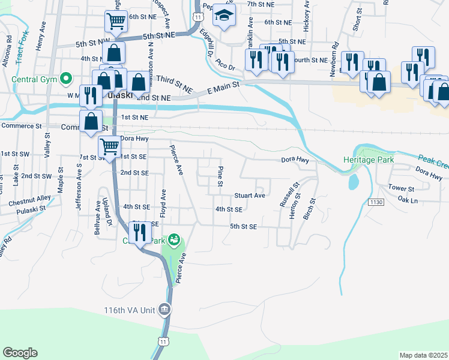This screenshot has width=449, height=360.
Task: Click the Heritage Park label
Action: pyautogui.click(x=367, y=160)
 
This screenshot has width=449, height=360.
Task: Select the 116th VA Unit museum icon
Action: pyautogui.click(x=165, y=310)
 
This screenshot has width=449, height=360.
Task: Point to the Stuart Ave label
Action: pyautogui.click(x=250, y=196)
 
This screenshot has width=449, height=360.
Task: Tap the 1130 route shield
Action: pyautogui.click(x=376, y=203)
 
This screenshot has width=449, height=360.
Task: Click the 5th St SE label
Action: pyautogui.click(x=244, y=227)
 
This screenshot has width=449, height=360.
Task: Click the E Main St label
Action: pyautogui.click(x=223, y=87)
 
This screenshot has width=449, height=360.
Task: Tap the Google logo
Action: pyautogui.click(x=20, y=352)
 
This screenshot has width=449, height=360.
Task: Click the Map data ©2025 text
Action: pyautogui.click(x=423, y=355)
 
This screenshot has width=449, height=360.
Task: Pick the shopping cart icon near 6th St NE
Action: pyautogui.click(x=116, y=21)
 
